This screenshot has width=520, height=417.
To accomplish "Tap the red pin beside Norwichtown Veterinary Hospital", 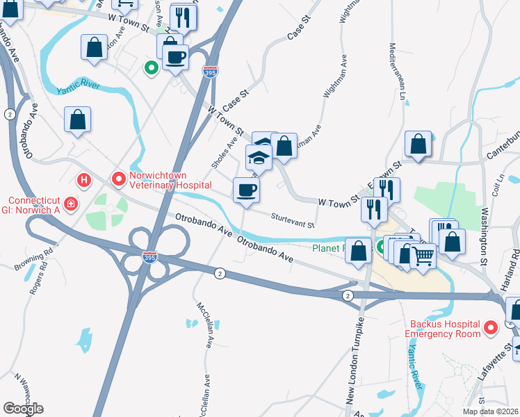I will pos(119,179).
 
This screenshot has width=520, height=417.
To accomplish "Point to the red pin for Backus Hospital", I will pos(491,326).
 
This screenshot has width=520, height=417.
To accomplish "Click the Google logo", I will pos(24,409).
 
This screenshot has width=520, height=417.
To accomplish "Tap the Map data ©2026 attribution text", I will pos(490,411).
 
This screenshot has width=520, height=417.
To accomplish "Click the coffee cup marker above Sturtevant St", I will pos(245,190).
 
